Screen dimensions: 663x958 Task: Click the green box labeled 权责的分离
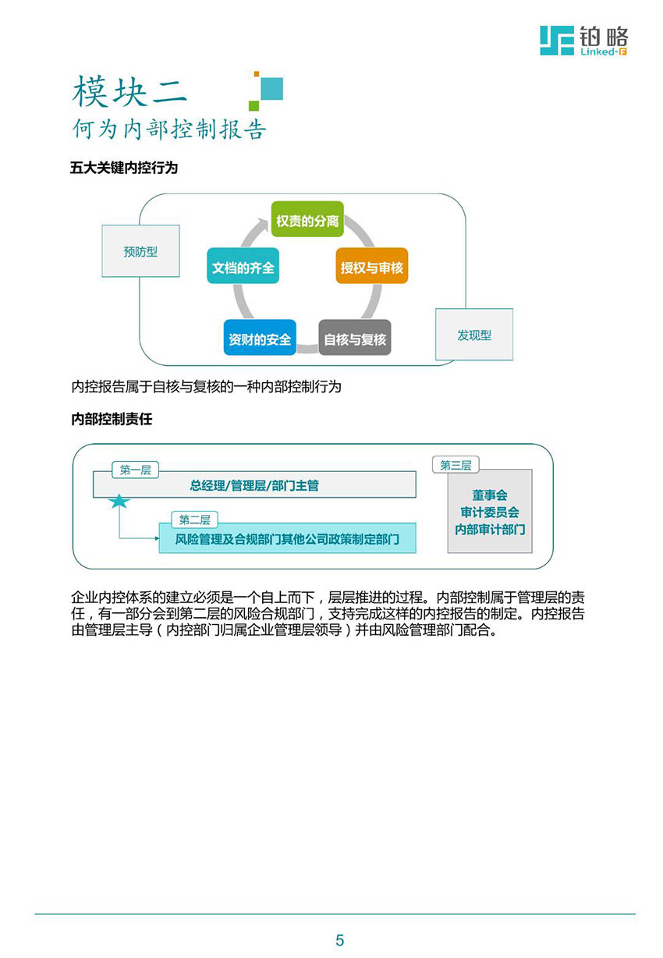(307, 218)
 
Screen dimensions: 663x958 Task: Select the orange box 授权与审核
(372, 265)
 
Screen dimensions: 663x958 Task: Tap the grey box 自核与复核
(355, 337)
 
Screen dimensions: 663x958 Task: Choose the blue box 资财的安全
(260, 337)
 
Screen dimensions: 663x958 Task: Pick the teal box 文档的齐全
(243, 265)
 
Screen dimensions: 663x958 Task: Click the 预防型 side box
(140, 250)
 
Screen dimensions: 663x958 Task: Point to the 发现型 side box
(474, 334)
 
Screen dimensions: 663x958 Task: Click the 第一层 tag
(135, 470)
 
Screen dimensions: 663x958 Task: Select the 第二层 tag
(194, 520)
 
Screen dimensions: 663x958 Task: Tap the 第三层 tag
(456, 464)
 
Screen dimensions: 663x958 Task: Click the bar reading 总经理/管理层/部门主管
(254, 484)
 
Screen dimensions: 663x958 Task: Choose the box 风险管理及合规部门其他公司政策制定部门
(288, 538)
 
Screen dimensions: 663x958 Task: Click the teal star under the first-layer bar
(119, 502)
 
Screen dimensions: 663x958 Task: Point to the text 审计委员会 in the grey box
(490, 512)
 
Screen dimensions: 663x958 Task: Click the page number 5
(339, 940)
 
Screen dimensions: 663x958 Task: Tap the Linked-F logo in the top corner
(584, 41)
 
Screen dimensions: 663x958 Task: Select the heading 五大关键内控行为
(124, 168)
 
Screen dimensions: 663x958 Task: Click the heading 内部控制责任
(112, 419)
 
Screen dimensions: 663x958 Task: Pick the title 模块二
(129, 91)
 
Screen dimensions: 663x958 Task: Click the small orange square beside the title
(256, 74)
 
